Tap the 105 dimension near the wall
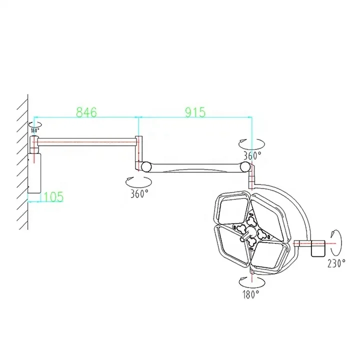point(53,196)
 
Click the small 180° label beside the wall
point(34,130)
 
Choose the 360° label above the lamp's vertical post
point(252,155)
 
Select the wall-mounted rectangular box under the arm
point(34,173)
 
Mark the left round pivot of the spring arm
point(146,166)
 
